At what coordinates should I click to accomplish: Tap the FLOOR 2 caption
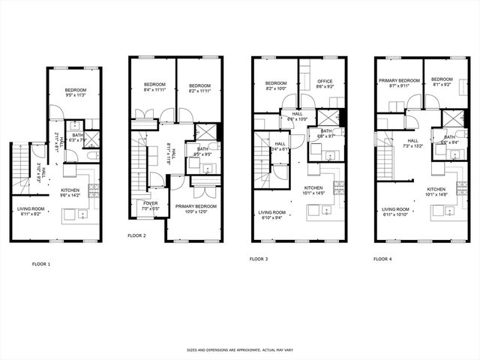click(136, 235)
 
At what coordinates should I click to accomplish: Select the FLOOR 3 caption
click(258, 259)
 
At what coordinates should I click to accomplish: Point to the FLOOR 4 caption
click(382, 259)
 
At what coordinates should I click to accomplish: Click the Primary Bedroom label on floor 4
click(399, 82)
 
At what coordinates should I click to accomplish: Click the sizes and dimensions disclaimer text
click(239, 350)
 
